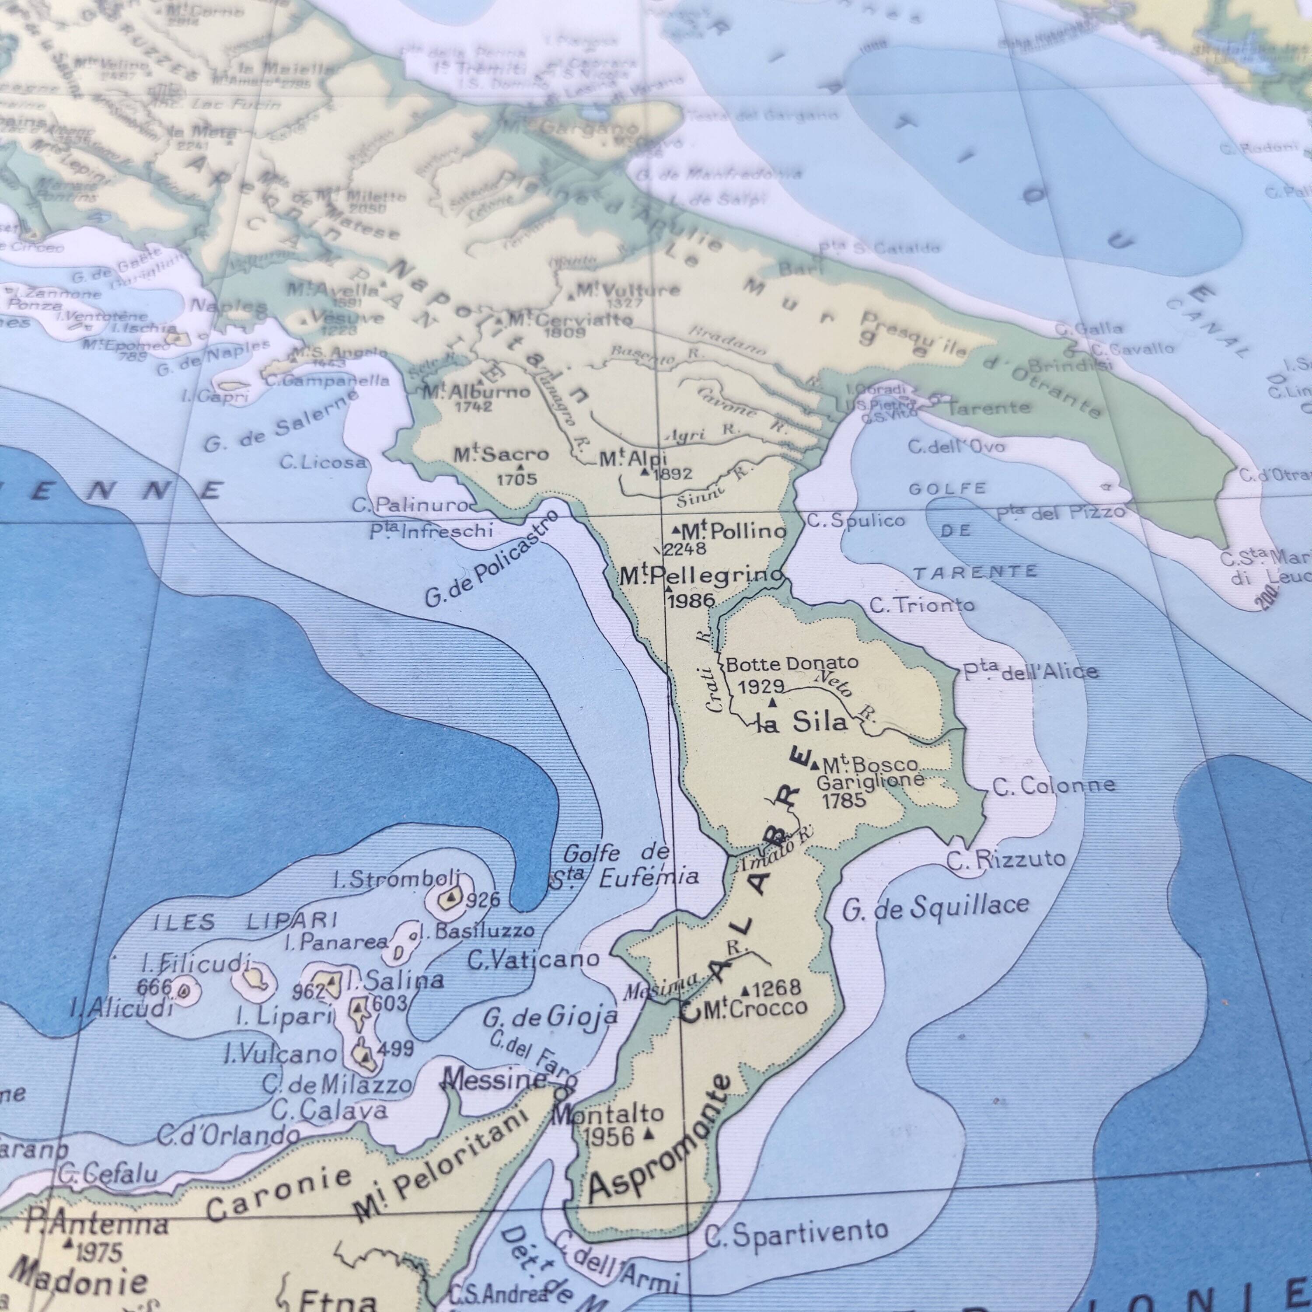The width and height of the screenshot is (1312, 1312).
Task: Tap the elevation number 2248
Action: coord(685,549)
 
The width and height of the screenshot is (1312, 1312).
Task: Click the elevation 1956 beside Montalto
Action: coord(608,1136)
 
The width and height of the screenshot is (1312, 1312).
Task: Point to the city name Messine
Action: coord(494,1079)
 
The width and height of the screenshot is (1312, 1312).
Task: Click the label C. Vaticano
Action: coord(534,960)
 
